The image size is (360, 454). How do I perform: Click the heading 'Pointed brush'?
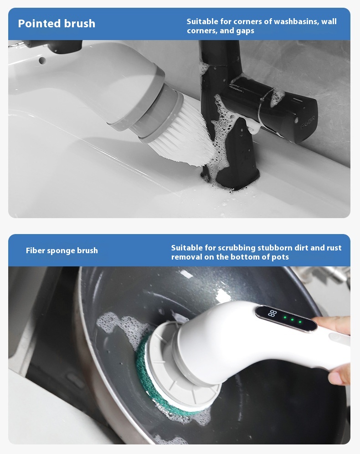tap(57, 24)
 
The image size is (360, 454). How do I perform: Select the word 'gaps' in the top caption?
tap(245, 31)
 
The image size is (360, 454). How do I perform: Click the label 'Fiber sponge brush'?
tap(62, 250)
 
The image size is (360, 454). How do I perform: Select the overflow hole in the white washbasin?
tap(42, 61)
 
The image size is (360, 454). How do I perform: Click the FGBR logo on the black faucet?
tap(309, 122)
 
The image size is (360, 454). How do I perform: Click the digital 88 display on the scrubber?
tap(273, 313)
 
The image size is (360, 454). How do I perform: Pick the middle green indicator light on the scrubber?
tap(292, 320)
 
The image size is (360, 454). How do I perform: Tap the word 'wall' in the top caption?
tap(329, 21)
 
